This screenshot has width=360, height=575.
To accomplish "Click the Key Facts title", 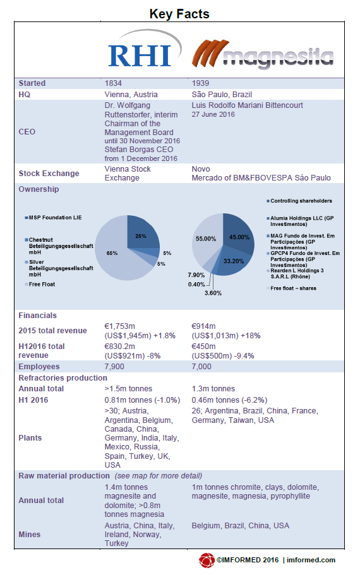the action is coord(179,14).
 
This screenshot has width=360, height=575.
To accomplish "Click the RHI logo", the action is coord(145,49).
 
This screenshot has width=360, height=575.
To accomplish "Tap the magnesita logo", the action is coord(263,54).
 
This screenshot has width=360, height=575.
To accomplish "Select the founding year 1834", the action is coord(113,83).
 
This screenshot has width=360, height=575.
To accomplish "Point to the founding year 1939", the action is coord(200,83).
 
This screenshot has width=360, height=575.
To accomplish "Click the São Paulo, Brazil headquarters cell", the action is coord(222,95).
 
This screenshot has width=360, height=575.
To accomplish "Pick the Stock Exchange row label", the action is coord(49,174).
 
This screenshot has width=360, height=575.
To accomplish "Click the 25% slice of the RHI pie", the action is coord(141,233).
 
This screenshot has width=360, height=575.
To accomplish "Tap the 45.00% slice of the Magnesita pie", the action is coord(239,235).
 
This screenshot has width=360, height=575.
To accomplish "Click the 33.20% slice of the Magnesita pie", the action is coord(232,262).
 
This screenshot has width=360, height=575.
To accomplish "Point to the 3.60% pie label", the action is coord(213,293).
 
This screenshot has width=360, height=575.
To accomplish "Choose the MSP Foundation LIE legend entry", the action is coord(53,218).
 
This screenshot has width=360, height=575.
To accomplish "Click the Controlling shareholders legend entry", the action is coord(299,201).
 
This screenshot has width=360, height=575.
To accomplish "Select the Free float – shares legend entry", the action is coord(291,288).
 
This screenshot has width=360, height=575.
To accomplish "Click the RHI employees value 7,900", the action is coord(114,367).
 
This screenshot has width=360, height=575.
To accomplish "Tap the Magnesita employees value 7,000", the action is coord(201,367).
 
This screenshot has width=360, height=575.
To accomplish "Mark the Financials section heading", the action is coord(38,316).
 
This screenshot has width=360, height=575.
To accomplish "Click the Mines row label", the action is coord(29,535).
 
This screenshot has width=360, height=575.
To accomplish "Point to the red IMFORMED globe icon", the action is coord(207,560).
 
